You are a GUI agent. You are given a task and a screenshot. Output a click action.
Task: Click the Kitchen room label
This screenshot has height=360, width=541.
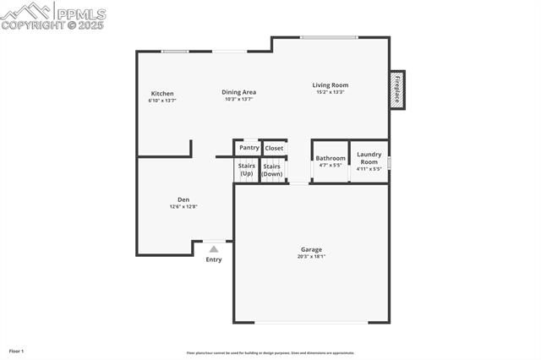[x=162, y=93]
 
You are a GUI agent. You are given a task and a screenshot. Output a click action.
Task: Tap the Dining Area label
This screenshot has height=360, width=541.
[x=238, y=92]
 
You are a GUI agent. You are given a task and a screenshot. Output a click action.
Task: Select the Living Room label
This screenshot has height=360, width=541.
[x=330, y=85]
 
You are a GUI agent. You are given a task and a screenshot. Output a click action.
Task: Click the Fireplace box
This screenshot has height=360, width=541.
[x=396, y=89]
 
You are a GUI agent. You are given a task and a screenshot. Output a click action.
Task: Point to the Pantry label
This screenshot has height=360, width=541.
[x=249, y=148]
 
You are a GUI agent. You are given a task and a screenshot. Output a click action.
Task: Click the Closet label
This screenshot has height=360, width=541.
[x=274, y=149]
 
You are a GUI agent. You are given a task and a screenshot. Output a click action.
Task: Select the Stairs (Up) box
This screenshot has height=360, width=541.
[x=246, y=169]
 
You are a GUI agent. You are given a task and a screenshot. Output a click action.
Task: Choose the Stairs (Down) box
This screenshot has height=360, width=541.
[x=272, y=169]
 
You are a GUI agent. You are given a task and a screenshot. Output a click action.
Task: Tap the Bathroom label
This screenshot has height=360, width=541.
[x=331, y=158]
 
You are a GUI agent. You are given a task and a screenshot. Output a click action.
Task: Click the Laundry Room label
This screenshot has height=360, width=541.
[x=369, y=157]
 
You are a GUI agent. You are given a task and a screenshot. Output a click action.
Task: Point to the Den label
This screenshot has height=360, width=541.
[x=183, y=199]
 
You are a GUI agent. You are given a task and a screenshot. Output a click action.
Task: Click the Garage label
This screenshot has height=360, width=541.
[x=311, y=249]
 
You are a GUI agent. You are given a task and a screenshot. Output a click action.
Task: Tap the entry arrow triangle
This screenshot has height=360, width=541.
[x=214, y=248]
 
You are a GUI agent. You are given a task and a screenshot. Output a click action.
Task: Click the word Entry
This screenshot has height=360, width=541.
[x=214, y=259]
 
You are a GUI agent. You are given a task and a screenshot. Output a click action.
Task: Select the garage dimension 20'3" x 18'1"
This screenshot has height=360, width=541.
[x=311, y=257]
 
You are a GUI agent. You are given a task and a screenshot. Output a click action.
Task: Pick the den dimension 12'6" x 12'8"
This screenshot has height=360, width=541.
[x=183, y=206]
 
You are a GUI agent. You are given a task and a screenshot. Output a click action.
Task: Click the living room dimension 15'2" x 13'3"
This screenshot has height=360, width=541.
[x=330, y=92]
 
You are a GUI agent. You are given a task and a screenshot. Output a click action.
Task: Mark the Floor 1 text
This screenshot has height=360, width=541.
[x=16, y=351]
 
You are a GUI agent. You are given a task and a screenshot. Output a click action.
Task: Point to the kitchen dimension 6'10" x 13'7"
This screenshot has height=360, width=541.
[x=162, y=101]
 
